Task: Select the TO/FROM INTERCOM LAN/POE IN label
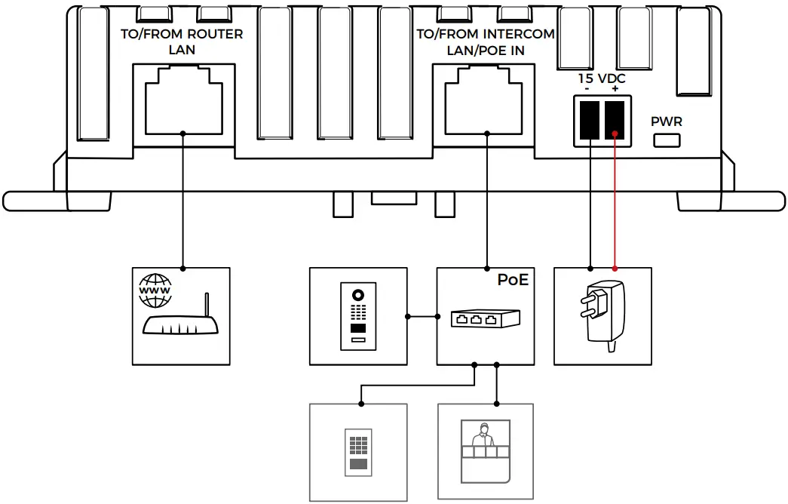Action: pyautogui.click(x=486, y=42)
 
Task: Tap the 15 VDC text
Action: pyautogui.click(x=602, y=78)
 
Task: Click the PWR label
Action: pyautogui.click(x=667, y=121)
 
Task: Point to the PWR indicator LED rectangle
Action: pyautogui.click(x=667, y=140)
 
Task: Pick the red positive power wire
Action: pyautogui.click(x=616, y=204)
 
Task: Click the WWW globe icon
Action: pyautogui.click(x=155, y=291)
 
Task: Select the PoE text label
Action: pyautogui.click(x=513, y=280)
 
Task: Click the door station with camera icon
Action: pyautogui.click(x=358, y=317)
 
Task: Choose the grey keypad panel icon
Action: pyautogui.click(x=358, y=453)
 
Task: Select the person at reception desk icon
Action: pyautogui.click(x=486, y=451)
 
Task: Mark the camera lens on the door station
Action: pyautogui.click(x=358, y=295)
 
